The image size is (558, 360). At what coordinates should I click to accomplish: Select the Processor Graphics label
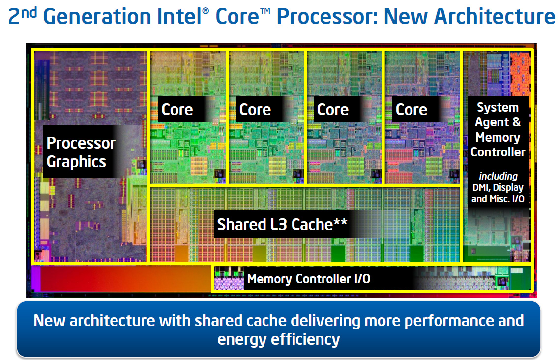click(x=81, y=152)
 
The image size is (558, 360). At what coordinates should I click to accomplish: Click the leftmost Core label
click(x=177, y=110)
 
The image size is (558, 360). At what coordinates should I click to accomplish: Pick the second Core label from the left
click(x=255, y=110)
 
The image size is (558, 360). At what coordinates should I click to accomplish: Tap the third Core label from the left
click(x=333, y=110)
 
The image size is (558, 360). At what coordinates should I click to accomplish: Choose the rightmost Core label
click(x=411, y=110)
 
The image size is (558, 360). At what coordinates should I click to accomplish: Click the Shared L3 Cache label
click(x=275, y=224)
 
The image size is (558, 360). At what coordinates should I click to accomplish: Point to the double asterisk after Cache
click(x=341, y=222)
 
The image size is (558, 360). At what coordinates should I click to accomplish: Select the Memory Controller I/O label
click(x=309, y=279)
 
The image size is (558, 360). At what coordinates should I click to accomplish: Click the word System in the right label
click(x=498, y=108)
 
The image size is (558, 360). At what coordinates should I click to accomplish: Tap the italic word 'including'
click(x=498, y=176)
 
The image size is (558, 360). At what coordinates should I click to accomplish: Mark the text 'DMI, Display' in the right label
click(x=498, y=187)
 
